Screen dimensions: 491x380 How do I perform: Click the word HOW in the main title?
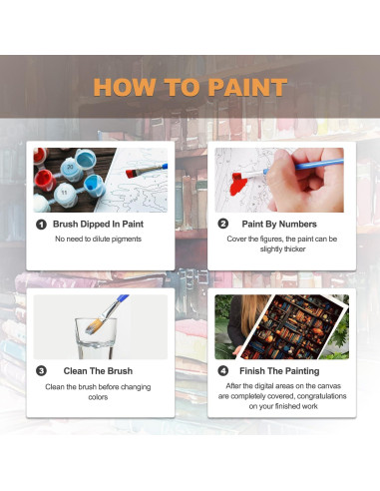point(125,86)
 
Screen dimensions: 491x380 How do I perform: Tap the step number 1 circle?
point(41,225)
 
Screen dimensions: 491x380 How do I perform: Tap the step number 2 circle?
point(222,225)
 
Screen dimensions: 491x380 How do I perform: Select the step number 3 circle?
point(41,370)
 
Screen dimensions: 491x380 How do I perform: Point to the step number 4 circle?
point(222,370)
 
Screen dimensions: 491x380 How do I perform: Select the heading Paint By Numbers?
point(279,225)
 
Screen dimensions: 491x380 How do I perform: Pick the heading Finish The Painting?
point(282,370)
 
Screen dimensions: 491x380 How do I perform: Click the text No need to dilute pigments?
point(99,240)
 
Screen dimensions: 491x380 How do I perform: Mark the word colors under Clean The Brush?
point(99,396)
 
